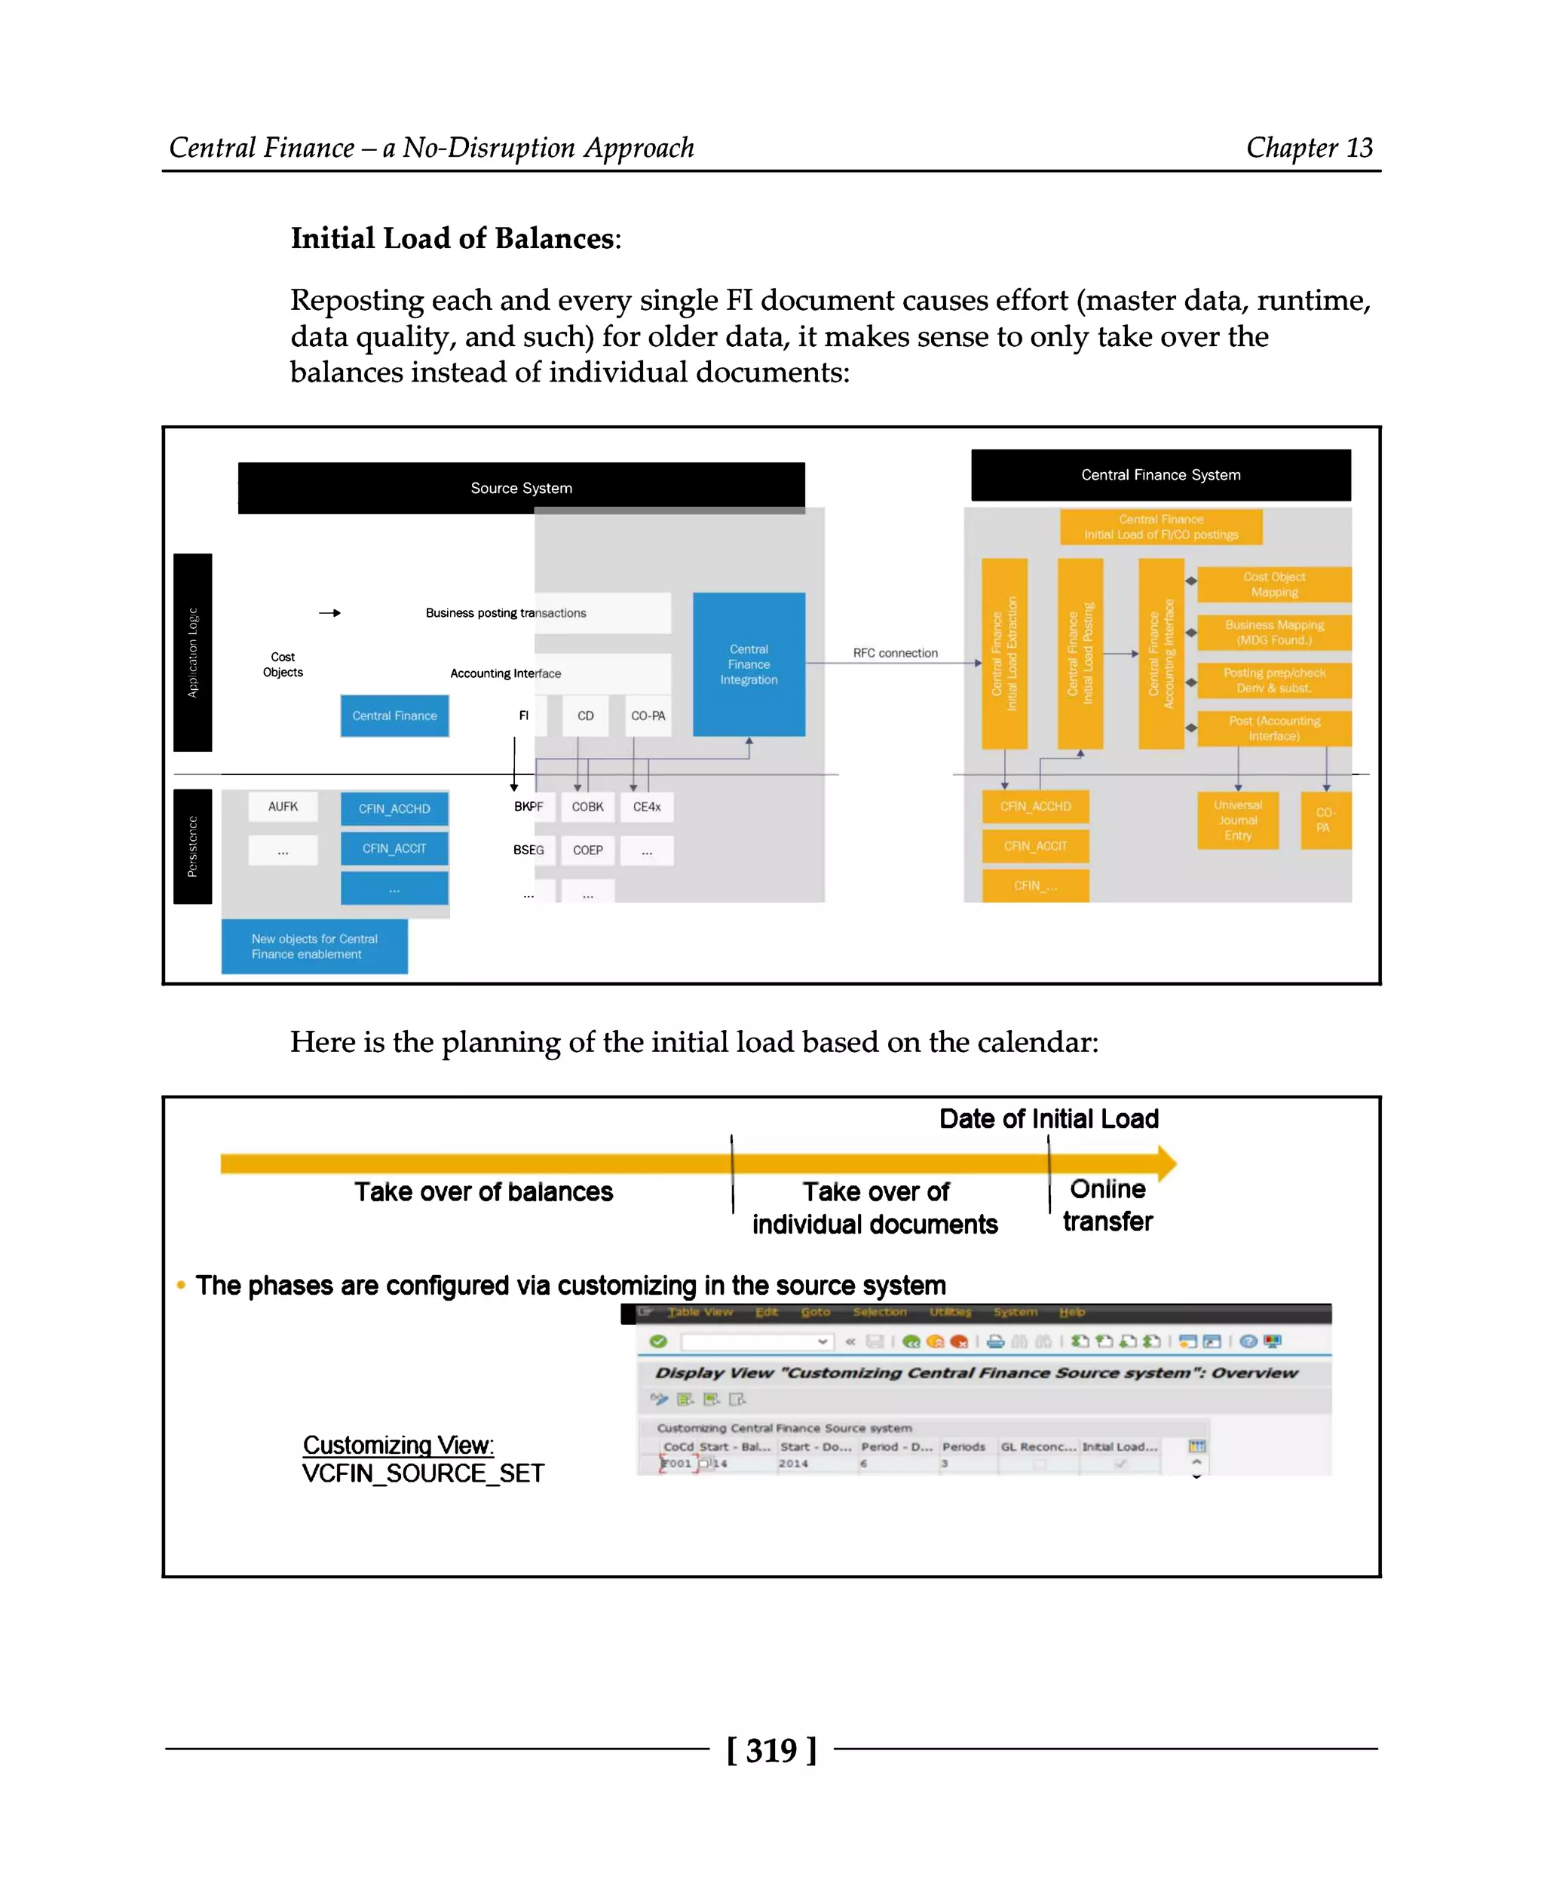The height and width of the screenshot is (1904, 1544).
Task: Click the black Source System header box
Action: click(521, 488)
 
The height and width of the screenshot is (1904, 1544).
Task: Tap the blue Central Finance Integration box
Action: click(748, 664)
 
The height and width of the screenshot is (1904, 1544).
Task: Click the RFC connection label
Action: click(895, 653)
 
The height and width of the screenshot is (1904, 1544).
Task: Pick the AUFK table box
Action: click(283, 806)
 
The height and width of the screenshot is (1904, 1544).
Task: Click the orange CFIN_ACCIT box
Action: click(1034, 846)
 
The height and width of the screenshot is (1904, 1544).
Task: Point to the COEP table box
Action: click(587, 850)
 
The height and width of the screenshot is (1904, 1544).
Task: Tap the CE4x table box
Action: click(647, 807)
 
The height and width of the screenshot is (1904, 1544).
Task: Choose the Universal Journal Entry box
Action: click(1237, 820)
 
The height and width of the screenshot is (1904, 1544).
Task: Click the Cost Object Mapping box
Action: click(1273, 584)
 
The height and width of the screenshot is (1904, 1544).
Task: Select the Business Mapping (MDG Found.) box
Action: click(1273, 633)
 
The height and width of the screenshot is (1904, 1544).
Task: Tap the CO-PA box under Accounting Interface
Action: click(648, 716)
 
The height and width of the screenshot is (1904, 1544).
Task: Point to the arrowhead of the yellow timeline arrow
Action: click(1167, 1164)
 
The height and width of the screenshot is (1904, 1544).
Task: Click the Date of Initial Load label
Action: click(1049, 1118)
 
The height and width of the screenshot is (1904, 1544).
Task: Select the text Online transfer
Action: click(1107, 1205)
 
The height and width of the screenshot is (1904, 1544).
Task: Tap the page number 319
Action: click(771, 1750)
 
